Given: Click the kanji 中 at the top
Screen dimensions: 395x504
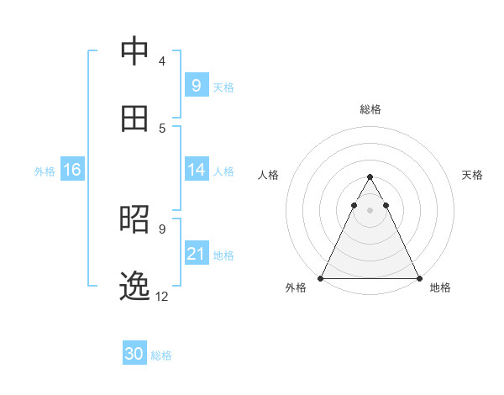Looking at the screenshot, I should tap(134, 52).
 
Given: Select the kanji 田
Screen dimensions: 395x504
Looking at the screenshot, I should tap(134, 118).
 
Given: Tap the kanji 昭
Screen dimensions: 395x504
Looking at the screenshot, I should tap(134, 219).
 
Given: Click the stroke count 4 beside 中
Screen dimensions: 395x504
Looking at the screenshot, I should tap(161, 61).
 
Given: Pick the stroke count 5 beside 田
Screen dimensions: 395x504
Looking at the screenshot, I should tap(161, 128).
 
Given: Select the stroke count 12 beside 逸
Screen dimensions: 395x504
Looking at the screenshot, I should tap(162, 296).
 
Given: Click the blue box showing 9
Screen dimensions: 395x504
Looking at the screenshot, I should tap(196, 85).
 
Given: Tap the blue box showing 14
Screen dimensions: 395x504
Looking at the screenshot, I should tap(196, 170).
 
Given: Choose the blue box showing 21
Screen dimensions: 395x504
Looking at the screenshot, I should tap(196, 254).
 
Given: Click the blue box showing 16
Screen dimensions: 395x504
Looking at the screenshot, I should tap(71, 170).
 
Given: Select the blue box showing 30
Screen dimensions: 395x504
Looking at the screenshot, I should tap(134, 354).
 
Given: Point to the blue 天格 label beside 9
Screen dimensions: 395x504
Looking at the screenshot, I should tap(223, 87).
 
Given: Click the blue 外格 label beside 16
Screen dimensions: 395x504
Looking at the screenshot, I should tap(45, 171).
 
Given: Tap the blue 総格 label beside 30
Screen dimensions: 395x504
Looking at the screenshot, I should tap(162, 355).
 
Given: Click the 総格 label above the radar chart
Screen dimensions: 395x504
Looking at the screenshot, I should tap(370, 109).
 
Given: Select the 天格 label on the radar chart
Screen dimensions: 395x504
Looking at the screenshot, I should tap(472, 175).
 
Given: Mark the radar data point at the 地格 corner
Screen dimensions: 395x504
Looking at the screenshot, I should tap(418, 278).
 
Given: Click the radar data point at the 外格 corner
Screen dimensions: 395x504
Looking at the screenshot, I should tap(321, 278).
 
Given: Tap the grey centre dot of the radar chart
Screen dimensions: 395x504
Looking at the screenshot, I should tap(370, 210).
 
